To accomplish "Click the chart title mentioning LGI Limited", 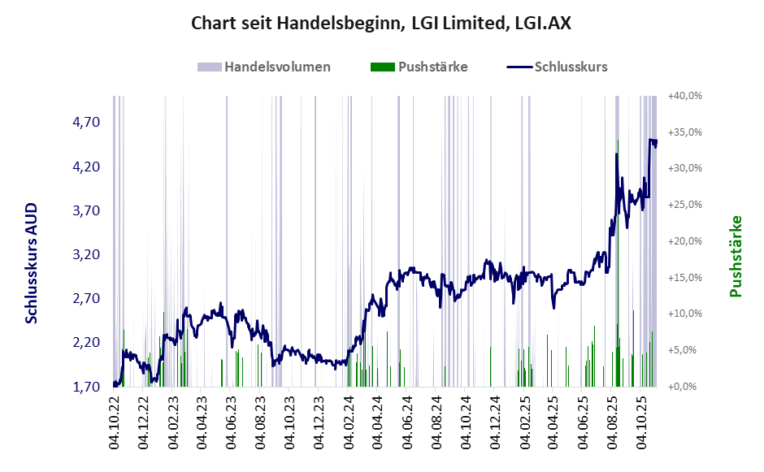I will click(381, 23).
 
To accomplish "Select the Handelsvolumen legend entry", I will click(264, 67).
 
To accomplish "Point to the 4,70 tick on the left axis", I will click(86, 123).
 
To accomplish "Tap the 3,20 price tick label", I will click(86, 254).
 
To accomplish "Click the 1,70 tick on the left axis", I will click(86, 387).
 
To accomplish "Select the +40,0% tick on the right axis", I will click(684, 96).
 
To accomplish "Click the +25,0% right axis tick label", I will click(684, 205).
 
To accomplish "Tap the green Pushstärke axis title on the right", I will click(736, 256).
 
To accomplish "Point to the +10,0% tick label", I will click(684, 314).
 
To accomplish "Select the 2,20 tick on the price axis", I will click(86, 343).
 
